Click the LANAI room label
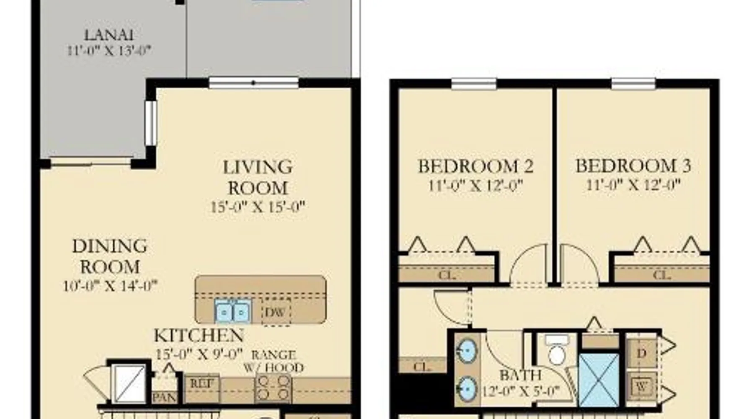108,34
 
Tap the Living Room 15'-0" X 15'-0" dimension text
258,207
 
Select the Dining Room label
110,256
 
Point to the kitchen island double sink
233,311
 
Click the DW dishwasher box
276,312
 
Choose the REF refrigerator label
202,383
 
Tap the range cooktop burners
274,387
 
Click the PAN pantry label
164,397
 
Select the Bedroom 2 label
476,166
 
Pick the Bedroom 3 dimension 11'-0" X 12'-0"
633,184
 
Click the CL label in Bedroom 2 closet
447,275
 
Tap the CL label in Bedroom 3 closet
662,275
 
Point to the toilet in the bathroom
557,350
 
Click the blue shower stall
599,380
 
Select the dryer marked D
641,353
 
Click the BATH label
521,375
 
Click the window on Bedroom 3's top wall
633,84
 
